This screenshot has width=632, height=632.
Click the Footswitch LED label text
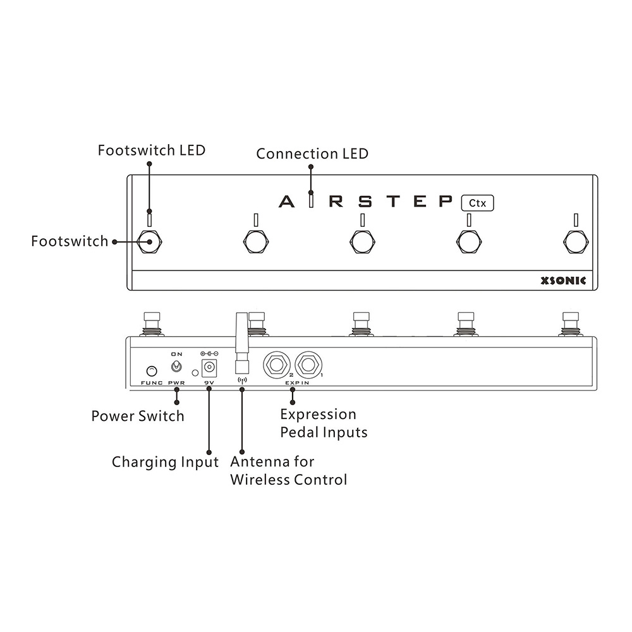pos(152,150)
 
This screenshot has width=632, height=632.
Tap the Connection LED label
pos(312,154)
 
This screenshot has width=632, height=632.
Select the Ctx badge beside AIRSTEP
pos(477,203)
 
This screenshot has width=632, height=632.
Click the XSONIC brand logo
pos(563,281)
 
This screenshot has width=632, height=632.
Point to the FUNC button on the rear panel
pos(152,370)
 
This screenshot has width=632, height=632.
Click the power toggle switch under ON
pos(176,367)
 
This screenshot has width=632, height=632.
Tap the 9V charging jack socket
pos(209,368)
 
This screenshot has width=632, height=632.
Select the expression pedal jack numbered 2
pos(277,365)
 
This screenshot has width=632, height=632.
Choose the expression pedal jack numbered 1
pos(308,365)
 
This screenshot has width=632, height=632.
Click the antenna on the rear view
pos(242,343)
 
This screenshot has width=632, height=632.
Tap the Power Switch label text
pos(138,416)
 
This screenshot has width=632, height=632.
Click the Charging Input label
pos(165,462)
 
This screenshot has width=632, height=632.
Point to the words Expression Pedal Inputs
pos(324,423)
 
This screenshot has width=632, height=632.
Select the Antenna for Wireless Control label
pos(289,471)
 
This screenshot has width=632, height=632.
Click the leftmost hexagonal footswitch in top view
pos(150,242)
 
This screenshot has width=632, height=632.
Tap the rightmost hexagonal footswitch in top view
pos(576,242)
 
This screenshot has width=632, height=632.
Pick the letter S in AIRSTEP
pos(365,201)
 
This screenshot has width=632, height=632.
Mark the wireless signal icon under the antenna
pos(242,380)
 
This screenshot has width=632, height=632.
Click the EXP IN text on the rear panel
pos(297,383)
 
